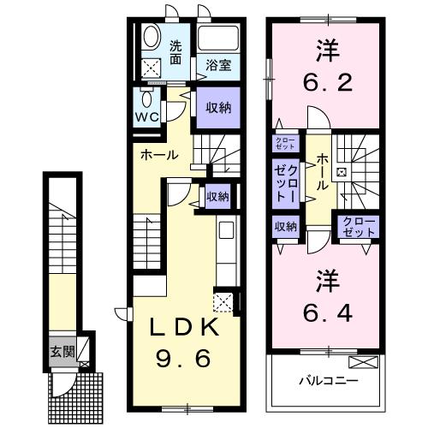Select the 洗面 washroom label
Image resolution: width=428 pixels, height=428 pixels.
[175, 53]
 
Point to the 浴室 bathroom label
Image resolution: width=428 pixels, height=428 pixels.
[217, 64]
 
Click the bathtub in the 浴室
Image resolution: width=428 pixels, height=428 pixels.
[217, 39]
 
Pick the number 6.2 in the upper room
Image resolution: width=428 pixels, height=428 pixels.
[324, 83]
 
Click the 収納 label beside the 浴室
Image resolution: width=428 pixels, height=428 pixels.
[217, 107]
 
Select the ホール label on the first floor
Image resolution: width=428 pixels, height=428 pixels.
[159, 156]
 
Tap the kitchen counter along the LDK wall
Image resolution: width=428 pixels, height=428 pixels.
[226, 253]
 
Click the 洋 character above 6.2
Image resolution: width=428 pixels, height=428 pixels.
[324, 49]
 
